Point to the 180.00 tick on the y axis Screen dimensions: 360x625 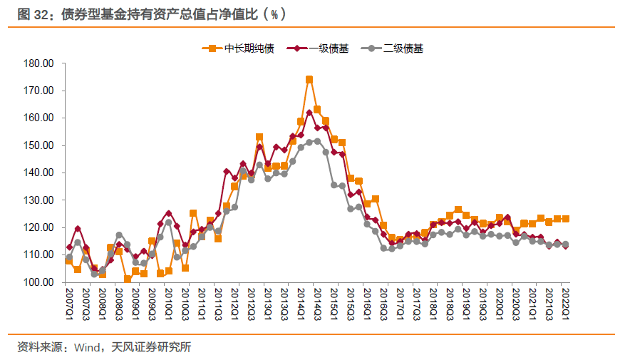39,63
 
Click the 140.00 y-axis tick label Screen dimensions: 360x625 39,173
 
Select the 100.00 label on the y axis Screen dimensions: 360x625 39,282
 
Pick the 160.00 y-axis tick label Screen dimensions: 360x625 39,118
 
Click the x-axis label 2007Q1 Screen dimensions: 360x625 69,303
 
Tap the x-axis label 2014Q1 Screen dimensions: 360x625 301,303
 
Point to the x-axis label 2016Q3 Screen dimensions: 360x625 383,303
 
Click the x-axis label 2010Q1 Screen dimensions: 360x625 168,303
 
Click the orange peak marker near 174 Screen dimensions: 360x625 309,80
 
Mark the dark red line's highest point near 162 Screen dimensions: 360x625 309,113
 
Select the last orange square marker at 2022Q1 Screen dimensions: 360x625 565,219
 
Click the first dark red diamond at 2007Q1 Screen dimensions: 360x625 69,247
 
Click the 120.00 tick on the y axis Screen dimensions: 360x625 39,227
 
